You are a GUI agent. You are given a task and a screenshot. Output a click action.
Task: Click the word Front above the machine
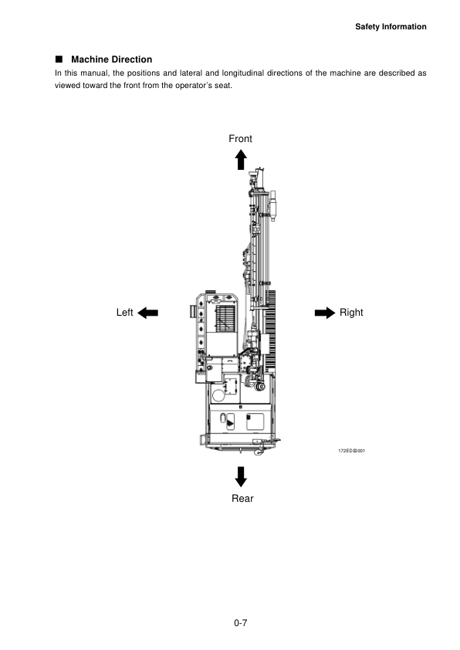[240, 138]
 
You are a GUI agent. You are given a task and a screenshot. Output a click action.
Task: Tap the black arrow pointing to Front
[241, 160]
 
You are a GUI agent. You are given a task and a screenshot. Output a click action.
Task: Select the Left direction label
[125, 312]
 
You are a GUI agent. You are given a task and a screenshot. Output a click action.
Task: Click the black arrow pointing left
[147, 313]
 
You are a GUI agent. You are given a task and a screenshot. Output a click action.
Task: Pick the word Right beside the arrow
[351, 313]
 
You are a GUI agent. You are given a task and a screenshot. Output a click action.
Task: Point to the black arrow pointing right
[325, 313]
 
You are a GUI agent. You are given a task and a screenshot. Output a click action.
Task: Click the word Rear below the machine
[242, 498]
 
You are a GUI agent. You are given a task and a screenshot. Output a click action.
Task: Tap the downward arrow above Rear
[241, 477]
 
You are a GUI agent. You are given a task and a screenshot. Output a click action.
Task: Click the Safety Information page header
[391, 26]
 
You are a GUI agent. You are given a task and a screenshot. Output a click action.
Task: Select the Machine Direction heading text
[111, 59]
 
